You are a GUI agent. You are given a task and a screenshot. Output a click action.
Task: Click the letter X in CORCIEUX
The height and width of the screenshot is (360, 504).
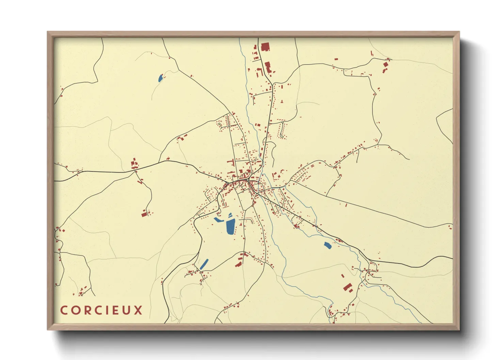138,310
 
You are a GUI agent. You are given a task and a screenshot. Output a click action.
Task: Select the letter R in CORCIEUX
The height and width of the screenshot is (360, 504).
87,310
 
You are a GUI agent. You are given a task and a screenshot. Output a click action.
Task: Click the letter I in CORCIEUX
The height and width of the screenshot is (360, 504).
108,310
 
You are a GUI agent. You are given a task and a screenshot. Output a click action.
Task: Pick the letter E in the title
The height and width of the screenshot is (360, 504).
116,310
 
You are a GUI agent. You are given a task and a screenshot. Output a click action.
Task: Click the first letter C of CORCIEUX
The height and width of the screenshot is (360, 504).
64,310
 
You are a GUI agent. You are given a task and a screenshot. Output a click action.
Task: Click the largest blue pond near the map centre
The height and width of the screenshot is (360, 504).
230,227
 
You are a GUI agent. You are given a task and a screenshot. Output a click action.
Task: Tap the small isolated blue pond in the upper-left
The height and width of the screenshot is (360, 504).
160,78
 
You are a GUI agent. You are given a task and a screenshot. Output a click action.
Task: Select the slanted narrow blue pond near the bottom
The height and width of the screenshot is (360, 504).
204,264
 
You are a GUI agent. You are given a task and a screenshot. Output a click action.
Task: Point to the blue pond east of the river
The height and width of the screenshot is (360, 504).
328,245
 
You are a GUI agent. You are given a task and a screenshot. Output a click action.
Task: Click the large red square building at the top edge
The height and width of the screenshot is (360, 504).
265,47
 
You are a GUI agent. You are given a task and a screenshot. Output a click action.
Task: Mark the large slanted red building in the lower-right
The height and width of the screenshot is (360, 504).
347,288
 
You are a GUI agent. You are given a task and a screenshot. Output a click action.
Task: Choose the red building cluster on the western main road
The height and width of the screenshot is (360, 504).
135,164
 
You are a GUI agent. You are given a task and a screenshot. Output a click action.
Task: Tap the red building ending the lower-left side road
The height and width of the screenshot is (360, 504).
144,214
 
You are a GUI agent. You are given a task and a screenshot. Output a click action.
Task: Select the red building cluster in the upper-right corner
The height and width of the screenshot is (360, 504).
385,66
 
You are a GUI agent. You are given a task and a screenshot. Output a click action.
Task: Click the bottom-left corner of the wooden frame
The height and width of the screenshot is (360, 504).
48,329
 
